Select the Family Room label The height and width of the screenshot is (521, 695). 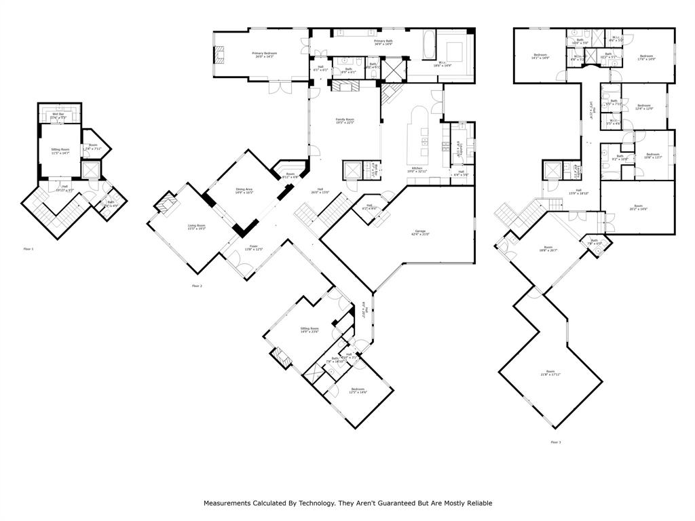[345, 119]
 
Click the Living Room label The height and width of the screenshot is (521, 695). [196, 225]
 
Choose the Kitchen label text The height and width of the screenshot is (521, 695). [417, 168]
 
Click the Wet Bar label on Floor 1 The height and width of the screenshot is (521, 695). [58, 114]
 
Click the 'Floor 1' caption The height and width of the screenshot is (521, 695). [29, 249]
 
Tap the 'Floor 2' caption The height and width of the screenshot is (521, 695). [197, 286]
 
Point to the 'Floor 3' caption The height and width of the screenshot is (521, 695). [556, 442]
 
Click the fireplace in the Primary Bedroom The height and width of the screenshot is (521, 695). [219, 55]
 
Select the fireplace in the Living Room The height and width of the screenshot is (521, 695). [166, 201]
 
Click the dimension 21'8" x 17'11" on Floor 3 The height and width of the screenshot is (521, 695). [550, 374]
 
